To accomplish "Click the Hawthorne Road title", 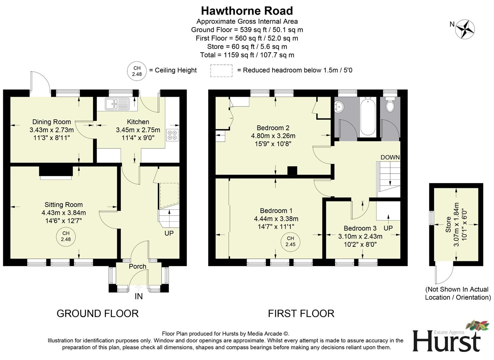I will coord(247,11).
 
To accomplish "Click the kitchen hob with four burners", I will coord(172,135).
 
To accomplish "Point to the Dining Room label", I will coord(51,122).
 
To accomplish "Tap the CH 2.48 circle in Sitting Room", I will coord(66,236).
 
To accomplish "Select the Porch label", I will coord(137,266).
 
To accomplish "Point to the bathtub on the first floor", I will coord(368,117).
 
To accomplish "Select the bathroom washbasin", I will coord(340,106).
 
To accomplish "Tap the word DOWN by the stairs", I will coord(390,157).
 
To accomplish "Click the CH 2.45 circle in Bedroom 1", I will coord(290,241).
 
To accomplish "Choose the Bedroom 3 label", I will coord(360,228).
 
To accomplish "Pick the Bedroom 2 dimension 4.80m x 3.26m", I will coord(273,136).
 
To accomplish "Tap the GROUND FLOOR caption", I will coord(97,313).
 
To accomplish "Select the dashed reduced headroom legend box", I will coord(221,70).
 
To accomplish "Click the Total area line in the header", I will coord(247,55).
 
